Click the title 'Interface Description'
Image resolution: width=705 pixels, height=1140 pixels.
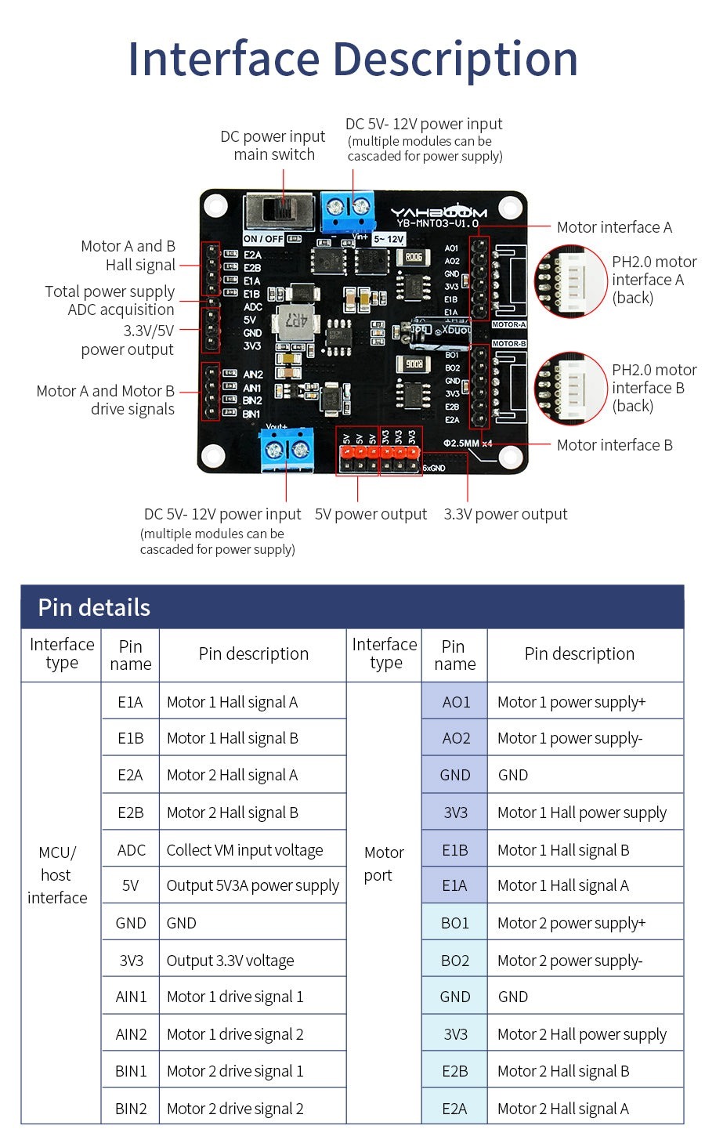352,59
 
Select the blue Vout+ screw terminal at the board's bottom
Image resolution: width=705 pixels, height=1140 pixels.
287,451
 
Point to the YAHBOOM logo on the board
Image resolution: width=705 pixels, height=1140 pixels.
439,212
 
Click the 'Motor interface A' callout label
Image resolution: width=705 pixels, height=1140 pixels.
614,227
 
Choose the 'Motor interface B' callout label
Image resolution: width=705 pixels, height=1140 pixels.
614,445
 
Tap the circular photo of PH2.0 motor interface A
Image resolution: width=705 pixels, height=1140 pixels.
571,280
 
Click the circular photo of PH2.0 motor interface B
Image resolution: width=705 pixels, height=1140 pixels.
571,389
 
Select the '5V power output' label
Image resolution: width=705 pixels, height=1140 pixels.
371,514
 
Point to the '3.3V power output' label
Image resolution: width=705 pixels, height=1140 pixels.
505,514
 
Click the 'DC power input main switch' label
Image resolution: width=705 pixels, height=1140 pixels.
273,146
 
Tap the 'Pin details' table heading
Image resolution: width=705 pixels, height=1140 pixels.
94,607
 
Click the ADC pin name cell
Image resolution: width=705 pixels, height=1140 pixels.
131,850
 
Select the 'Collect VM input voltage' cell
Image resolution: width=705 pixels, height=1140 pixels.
244,850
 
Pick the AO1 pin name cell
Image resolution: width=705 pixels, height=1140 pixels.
455,702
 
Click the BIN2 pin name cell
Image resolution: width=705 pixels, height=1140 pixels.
131,1109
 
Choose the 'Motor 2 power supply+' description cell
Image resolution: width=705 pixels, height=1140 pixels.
572,923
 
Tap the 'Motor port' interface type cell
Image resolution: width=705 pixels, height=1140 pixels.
384,863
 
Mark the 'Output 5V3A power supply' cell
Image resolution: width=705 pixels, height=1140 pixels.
252,886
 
